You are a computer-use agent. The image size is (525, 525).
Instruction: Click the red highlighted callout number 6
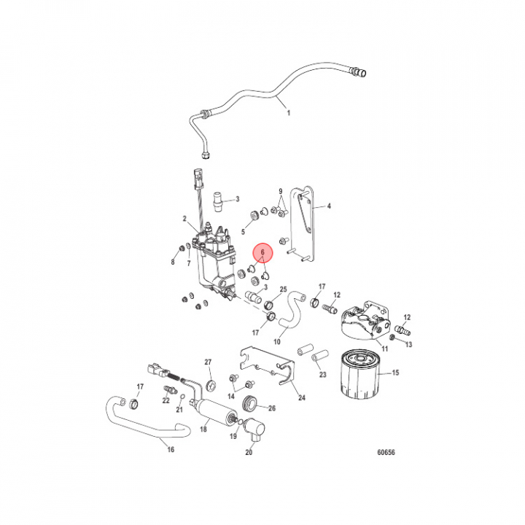pos(262,252)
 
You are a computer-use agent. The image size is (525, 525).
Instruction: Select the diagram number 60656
pos(386,452)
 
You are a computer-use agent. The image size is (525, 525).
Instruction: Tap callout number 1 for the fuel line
pos(289,113)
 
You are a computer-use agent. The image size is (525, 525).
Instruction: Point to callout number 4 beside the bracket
pos(329,206)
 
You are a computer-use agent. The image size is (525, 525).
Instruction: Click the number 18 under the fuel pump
pos(203,429)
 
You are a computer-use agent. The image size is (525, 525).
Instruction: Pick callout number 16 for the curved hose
pos(171,449)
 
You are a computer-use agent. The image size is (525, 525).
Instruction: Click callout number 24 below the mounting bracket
pos(302,397)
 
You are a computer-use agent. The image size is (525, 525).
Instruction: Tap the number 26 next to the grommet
pos(272,408)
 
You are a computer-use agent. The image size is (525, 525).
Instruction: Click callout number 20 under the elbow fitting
pos(249,452)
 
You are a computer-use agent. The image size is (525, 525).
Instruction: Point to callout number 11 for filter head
pos(385,349)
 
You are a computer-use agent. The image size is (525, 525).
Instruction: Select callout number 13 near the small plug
pos(408,344)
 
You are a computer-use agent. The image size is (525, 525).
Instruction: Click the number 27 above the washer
pos(208,362)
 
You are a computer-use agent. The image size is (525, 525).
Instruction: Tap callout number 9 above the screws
pos(281,191)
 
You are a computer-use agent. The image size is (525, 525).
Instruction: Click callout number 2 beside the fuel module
pos(184,219)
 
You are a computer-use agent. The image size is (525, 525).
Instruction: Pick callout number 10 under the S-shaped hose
pos(277,342)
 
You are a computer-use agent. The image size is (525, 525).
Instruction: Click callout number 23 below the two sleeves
pos(322,374)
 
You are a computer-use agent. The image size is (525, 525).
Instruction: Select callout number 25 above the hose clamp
pos(283,289)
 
